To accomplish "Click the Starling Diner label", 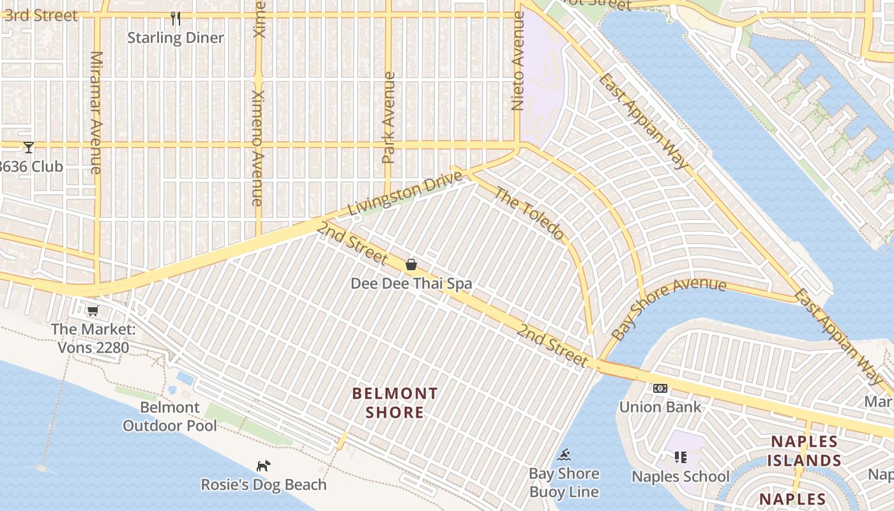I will [176, 38].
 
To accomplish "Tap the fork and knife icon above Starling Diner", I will [176, 19].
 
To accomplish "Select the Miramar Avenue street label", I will [96, 112].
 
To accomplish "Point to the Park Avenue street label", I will [388, 118].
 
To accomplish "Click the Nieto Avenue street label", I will [518, 61].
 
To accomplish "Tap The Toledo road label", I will [529, 213].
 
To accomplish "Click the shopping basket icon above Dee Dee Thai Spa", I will [411, 264].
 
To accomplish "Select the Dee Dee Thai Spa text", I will [411, 284].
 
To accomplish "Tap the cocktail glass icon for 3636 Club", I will [29, 148].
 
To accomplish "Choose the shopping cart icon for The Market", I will [93, 311].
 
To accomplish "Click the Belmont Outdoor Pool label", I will [170, 416].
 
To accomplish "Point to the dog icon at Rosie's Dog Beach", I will [263, 466].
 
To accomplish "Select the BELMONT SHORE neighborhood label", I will [395, 403].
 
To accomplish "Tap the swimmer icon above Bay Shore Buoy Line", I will [564, 455].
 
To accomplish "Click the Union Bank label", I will [660, 407].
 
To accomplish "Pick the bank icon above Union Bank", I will [660, 388].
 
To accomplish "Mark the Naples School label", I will [680, 477].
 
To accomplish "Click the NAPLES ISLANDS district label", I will [804, 451].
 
